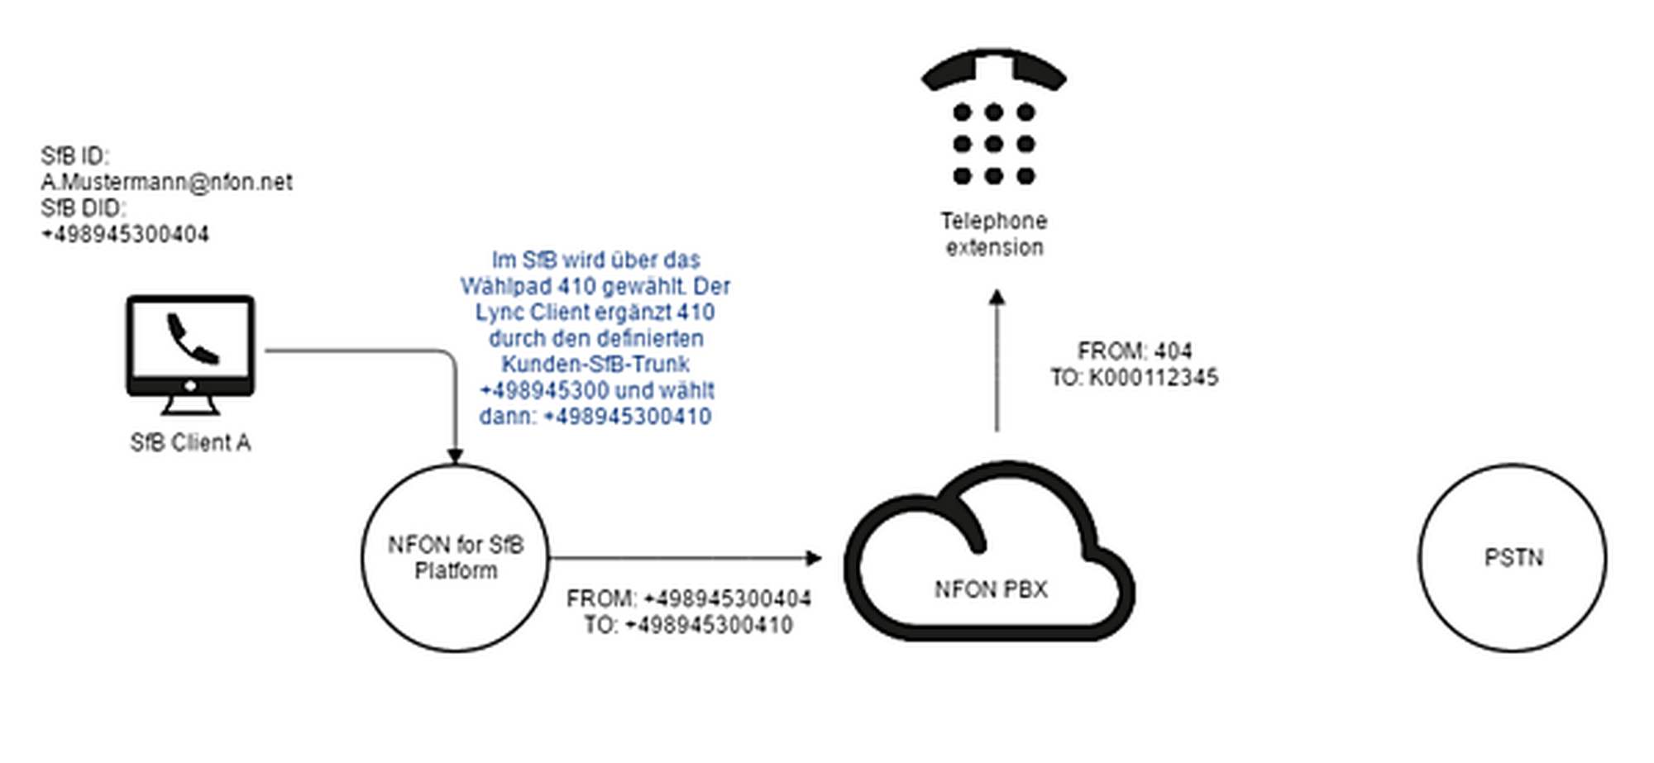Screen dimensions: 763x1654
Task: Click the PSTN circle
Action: pyautogui.click(x=1513, y=557)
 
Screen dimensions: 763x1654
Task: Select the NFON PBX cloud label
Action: pyautogui.click(x=991, y=589)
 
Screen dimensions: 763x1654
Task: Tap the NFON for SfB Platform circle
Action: pyautogui.click(x=455, y=557)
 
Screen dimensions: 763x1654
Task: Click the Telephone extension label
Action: pyautogui.click(x=994, y=234)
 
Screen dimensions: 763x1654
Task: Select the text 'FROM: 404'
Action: pyautogui.click(x=1135, y=351)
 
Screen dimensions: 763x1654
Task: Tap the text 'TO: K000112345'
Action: pyautogui.click(x=1135, y=378)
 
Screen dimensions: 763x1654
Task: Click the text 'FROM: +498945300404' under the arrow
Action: pyautogui.click(x=688, y=598)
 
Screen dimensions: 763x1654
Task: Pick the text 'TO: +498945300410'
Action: pyautogui.click(x=688, y=625)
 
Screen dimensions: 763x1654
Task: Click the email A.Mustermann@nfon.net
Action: pyautogui.click(x=166, y=182)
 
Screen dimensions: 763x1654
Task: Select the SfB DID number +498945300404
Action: pyautogui.click(x=126, y=235)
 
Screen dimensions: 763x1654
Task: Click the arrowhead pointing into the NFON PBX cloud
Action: pyautogui.click(x=815, y=558)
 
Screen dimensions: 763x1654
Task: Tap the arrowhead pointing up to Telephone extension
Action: pyautogui.click(x=997, y=297)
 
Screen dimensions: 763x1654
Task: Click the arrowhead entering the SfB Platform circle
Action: pyautogui.click(x=455, y=455)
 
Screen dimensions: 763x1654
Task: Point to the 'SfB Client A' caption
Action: pyautogui.click(x=190, y=443)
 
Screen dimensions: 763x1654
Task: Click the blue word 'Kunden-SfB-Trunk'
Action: pyautogui.click(x=595, y=365)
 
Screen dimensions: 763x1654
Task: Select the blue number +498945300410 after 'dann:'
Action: pyautogui.click(x=628, y=417)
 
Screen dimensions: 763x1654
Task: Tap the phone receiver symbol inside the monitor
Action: pyautogui.click(x=193, y=338)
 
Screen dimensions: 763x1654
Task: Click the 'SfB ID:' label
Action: pyautogui.click(x=74, y=156)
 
